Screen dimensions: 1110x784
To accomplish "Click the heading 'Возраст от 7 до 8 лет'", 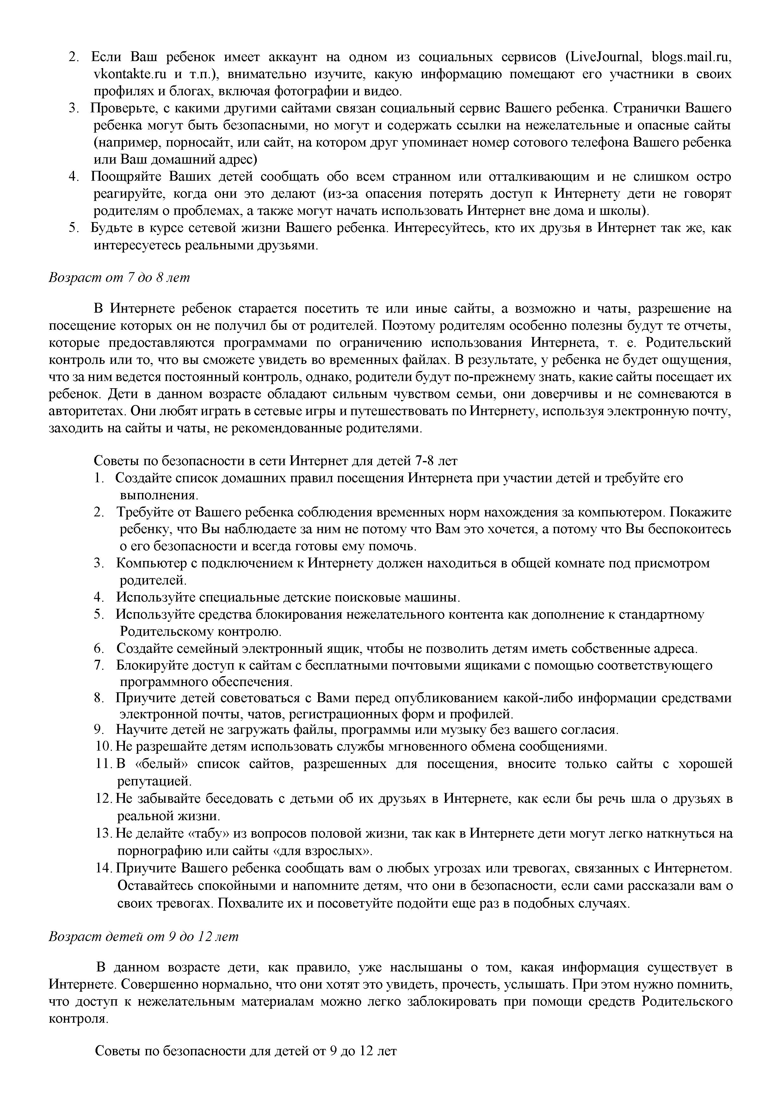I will click(119, 277).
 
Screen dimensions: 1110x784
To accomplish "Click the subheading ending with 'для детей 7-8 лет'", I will click(275, 461).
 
